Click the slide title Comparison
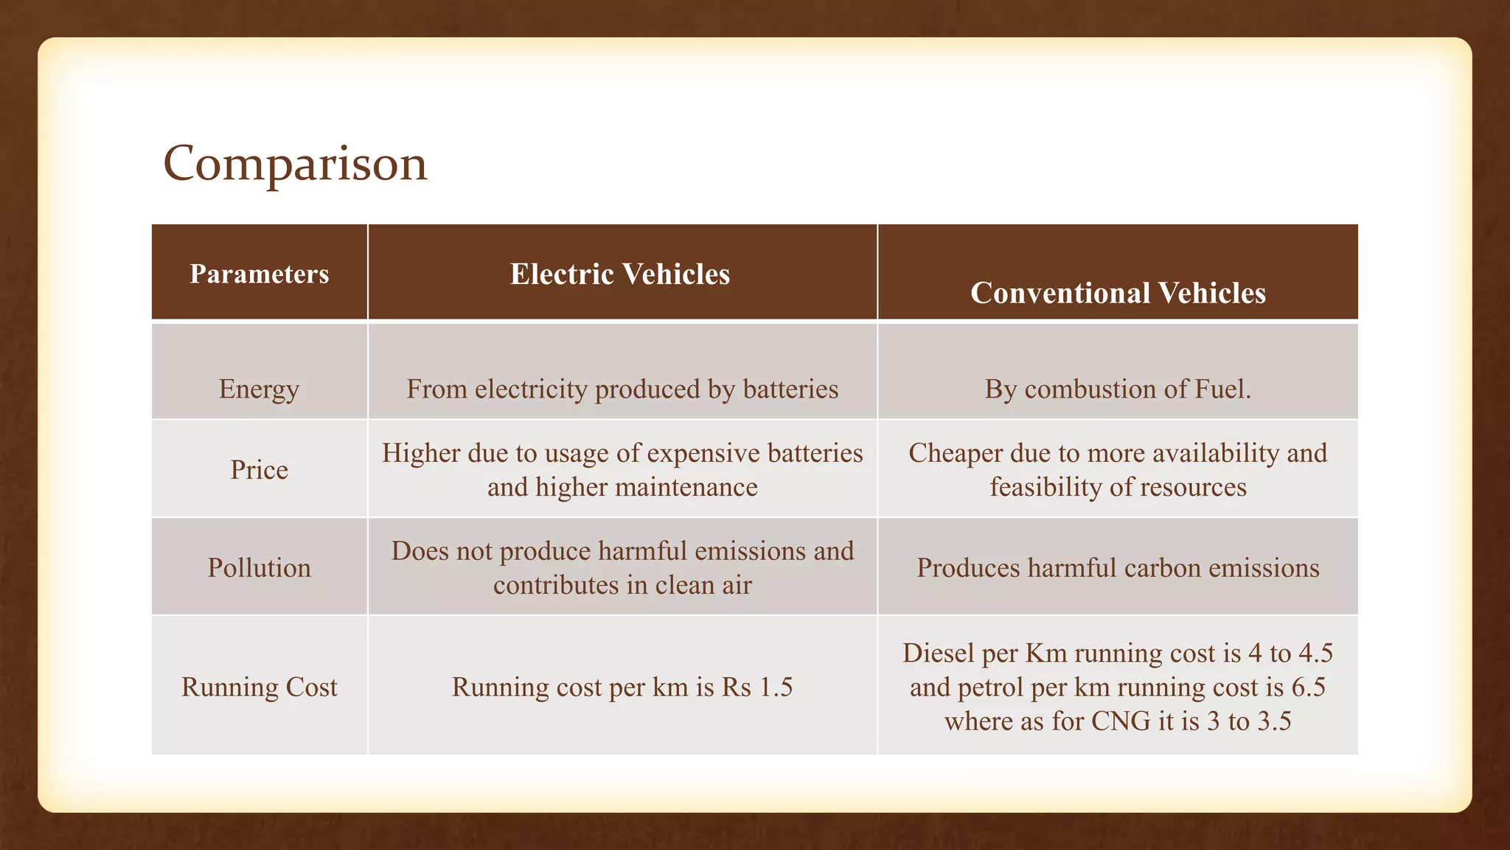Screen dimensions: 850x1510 [x=295, y=163]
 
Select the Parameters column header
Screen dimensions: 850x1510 [x=260, y=274]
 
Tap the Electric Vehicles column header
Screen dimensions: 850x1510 [x=620, y=274]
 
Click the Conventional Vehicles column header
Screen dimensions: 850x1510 [x=1118, y=293]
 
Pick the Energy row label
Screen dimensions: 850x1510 [x=259, y=389]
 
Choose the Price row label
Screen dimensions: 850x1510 [x=259, y=470]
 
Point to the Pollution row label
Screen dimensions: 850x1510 [x=259, y=567]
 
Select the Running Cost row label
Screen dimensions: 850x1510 [x=259, y=687]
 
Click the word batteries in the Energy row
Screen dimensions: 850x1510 [x=790, y=389]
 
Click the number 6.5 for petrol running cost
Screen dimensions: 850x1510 [x=1309, y=687]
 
